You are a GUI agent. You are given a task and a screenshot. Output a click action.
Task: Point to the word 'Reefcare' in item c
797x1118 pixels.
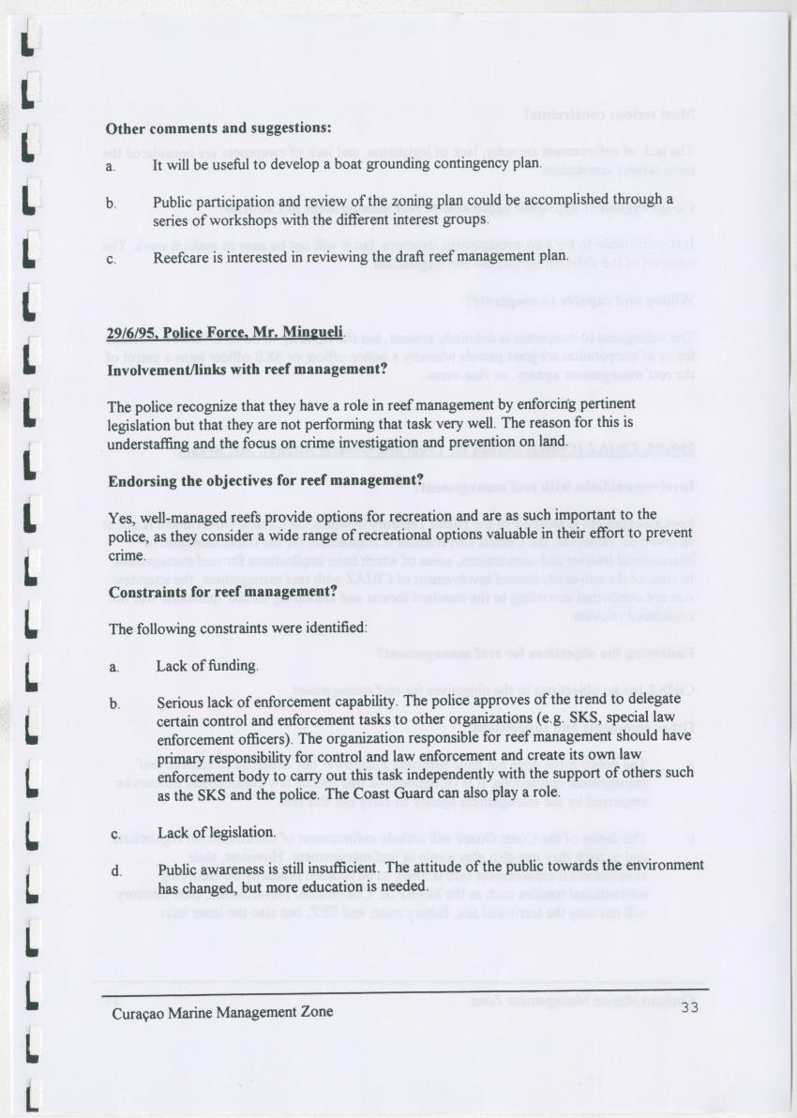tap(180, 256)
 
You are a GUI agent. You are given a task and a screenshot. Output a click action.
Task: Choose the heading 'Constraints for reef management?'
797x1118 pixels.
tap(222, 593)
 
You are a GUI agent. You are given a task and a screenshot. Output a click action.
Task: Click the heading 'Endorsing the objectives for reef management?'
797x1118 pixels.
tap(266, 481)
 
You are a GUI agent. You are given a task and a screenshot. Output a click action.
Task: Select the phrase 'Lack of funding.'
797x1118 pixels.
tap(207, 666)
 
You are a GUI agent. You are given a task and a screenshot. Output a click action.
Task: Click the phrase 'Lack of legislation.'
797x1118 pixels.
tap(217, 832)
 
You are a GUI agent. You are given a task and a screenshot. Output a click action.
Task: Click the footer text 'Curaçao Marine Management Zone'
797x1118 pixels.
tap(221, 1013)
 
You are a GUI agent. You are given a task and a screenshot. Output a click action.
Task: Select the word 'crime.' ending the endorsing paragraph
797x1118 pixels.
tap(127, 556)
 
